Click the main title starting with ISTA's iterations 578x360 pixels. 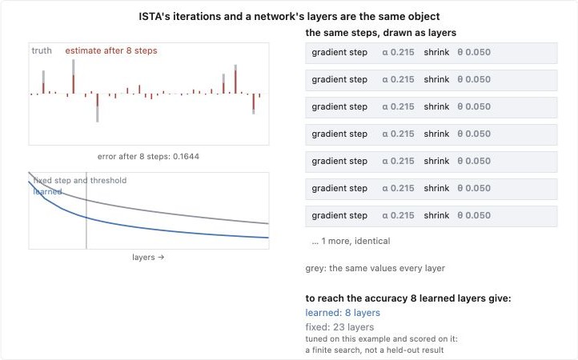coord(289,17)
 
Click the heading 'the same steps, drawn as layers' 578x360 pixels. coord(381,33)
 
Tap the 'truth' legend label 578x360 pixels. coord(42,50)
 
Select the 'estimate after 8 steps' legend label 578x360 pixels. coord(111,50)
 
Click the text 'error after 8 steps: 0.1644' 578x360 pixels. coord(148,156)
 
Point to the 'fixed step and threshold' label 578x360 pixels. coord(80,180)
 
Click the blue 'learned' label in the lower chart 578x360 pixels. coord(47,192)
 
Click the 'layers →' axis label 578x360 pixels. coord(148,257)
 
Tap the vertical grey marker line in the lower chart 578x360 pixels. coord(86,210)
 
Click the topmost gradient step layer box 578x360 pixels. coord(431,53)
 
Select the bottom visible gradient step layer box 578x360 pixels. coord(431,216)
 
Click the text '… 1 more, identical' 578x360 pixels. coord(351,241)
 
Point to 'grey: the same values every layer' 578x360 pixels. coord(375,268)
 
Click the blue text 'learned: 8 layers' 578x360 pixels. coord(343,313)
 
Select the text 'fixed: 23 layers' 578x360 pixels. coord(339,327)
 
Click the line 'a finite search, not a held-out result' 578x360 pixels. coord(375,350)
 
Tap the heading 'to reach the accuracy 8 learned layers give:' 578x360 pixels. coord(408,298)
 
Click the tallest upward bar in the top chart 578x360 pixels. coord(74,76)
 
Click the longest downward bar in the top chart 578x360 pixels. coord(98,108)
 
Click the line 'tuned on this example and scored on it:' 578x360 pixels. coord(382,339)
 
